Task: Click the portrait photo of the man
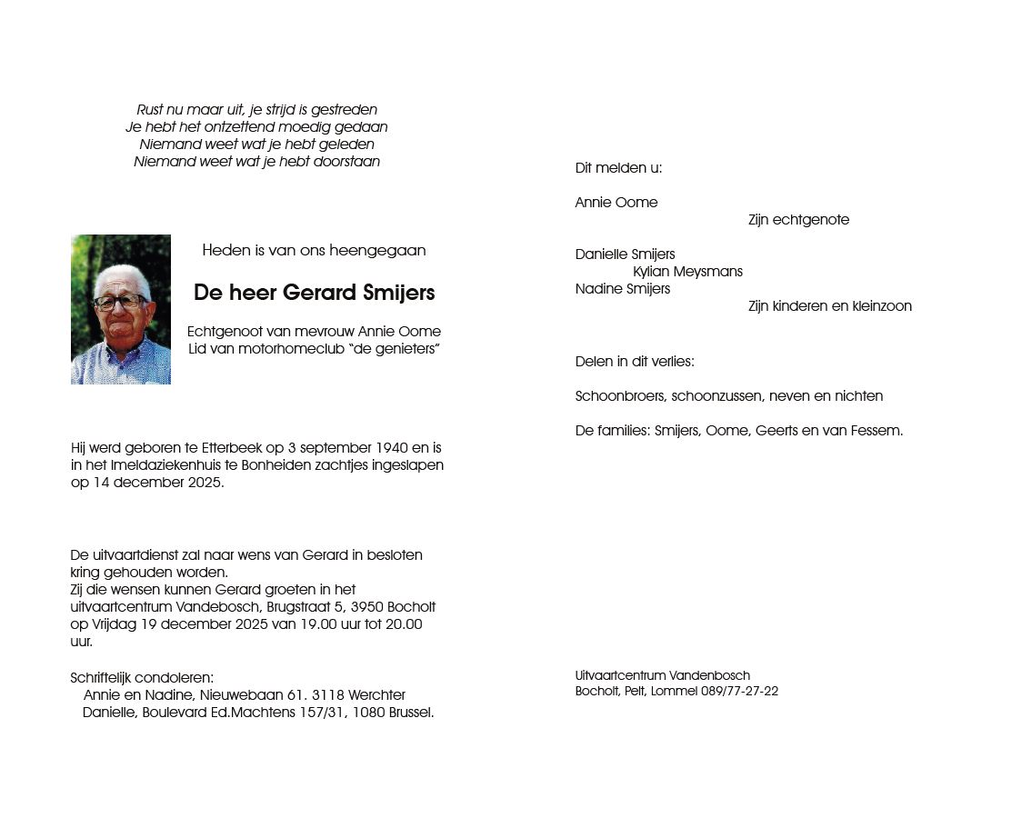coord(121,309)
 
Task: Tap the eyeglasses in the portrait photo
coord(118,301)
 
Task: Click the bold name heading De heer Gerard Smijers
coord(314,293)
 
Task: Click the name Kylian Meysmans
coord(687,272)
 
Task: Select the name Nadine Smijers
coord(623,289)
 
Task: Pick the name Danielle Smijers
coord(625,254)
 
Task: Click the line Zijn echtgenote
coord(798,220)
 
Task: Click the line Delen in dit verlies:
coord(635,362)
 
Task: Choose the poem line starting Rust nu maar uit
coord(256,110)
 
